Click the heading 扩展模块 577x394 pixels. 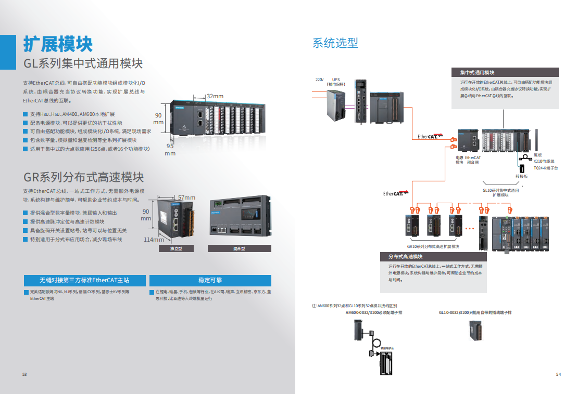[x=58, y=44]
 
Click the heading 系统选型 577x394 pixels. [x=335, y=43]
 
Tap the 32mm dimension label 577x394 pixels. [x=215, y=96]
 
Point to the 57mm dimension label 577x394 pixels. [x=186, y=198]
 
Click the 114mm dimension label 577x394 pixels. [x=154, y=240]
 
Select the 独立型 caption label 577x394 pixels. [x=175, y=249]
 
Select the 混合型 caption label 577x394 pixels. [x=239, y=249]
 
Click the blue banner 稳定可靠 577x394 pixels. [x=210, y=280]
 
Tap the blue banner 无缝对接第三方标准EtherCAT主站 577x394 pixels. [x=84, y=280]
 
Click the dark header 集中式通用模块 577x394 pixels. [x=477, y=72]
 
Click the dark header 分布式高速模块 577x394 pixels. [x=405, y=257]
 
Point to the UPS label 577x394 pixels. [x=336, y=79]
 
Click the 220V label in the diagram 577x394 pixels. [x=319, y=79]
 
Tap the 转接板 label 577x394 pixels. [x=522, y=176]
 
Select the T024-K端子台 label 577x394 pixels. [x=545, y=168]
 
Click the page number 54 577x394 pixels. [x=558, y=374]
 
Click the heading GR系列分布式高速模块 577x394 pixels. [x=83, y=177]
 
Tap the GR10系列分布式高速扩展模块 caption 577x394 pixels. [x=433, y=246]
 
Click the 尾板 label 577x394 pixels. [x=537, y=155]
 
